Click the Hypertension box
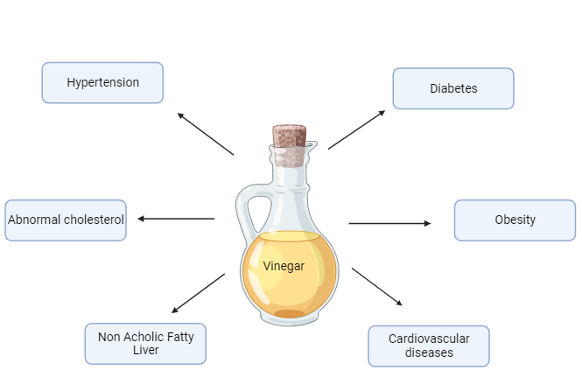pos(102,82)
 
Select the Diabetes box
pos(453,88)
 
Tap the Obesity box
pos(515,220)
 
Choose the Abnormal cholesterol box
pos(66,220)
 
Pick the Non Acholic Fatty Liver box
pos(145,343)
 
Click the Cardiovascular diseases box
pos(429,346)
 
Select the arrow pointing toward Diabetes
pos(356,129)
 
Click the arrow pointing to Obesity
pos(389,223)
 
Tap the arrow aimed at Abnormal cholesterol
pos(176,219)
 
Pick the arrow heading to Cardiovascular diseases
pos(377,287)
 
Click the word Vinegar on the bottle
pos(284,266)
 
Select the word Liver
pos(145,351)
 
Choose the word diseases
pos(429,353)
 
